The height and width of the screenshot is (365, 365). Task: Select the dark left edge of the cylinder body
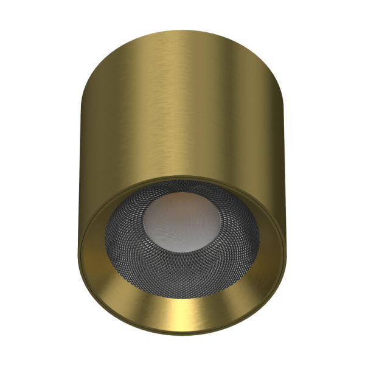(86, 152)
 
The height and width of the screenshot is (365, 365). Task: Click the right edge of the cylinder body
(285, 152)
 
